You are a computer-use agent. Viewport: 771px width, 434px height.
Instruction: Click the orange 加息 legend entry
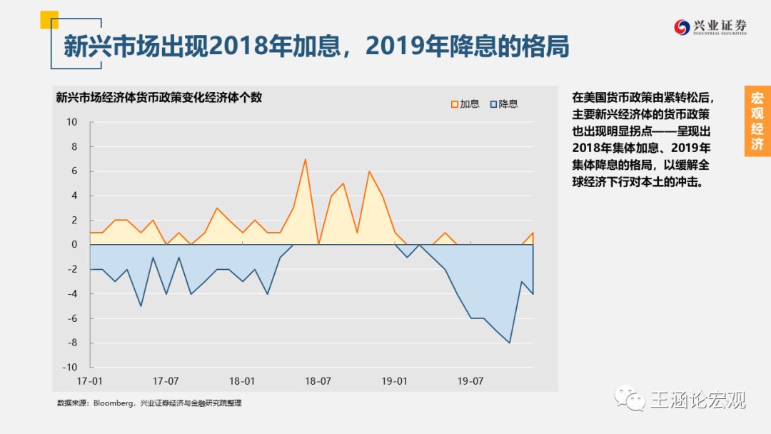tap(465, 104)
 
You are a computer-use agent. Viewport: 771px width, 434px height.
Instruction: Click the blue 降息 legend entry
tap(504, 104)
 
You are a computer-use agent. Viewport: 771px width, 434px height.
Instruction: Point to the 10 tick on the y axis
tap(72, 122)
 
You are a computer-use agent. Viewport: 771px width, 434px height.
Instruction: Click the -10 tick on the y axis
tap(71, 368)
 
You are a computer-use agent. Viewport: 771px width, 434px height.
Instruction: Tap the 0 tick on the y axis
tap(74, 245)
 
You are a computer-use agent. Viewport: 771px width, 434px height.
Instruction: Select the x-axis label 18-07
tap(318, 381)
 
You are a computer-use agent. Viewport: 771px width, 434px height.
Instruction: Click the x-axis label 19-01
tap(394, 381)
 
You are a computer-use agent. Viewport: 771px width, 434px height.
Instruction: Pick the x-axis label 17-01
tap(89, 381)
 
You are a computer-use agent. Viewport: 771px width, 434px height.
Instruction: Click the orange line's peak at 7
tap(306, 159)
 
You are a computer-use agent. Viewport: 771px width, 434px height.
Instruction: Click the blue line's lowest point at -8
tap(510, 343)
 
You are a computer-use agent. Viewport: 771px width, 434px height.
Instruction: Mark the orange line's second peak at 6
tap(369, 171)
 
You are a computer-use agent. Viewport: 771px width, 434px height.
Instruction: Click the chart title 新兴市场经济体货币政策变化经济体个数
tap(158, 98)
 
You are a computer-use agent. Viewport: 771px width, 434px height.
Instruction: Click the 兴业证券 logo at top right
tap(710, 27)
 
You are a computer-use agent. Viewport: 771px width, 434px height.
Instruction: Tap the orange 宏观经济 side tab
tap(757, 121)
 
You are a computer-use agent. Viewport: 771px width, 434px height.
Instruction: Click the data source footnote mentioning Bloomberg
tap(149, 403)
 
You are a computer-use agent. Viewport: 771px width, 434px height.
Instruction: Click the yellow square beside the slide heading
tap(49, 19)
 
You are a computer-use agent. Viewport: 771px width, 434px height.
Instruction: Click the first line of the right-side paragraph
tap(642, 98)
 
